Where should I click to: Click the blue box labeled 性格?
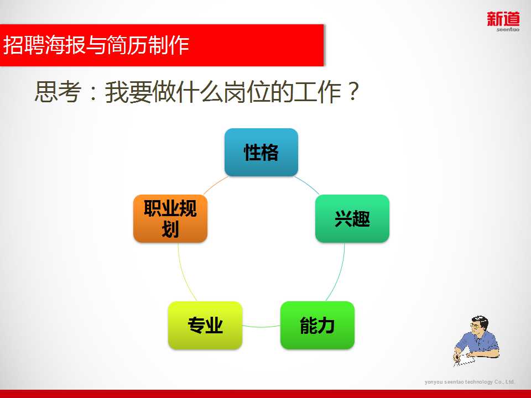click(261, 152)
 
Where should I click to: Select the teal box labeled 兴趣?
click(352, 218)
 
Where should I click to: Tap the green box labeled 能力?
click(317, 325)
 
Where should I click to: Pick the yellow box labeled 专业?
click(205, 325)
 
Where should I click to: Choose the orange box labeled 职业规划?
click(170, 218)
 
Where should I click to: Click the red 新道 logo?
click(503, 19)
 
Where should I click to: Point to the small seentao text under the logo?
click(508, 29)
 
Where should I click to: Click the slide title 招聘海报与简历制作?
click(96, 45)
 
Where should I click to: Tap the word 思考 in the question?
click(58, 91)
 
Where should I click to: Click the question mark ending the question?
click(353, 91)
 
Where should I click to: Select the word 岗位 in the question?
click(247, 91)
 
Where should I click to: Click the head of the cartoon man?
click(480, 325)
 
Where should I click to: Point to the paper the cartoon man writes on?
click(465, 360)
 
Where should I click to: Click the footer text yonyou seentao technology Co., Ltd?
click(470, 382)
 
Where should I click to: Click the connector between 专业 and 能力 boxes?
click(261, 327)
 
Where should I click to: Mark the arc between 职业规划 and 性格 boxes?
click(215, 185)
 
